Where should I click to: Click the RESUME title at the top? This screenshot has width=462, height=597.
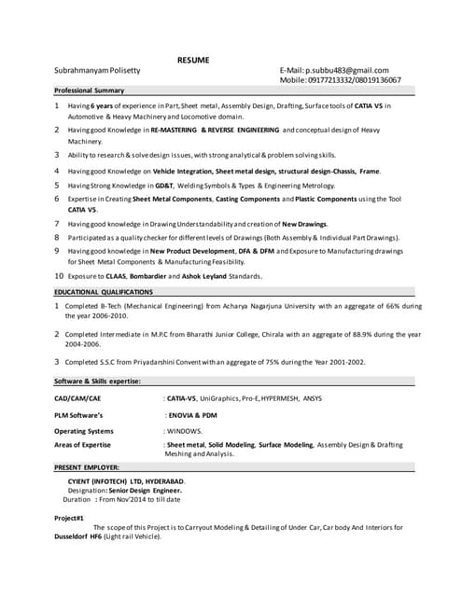click(x=193, y=61)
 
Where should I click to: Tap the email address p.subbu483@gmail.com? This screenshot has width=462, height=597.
click(x=346, y=71)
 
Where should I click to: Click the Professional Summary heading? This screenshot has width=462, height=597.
click(x=89, y=91)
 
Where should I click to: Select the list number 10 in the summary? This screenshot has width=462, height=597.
click(x=58, y=276)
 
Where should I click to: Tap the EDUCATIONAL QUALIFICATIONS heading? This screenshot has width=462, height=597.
click(x=103, y=292)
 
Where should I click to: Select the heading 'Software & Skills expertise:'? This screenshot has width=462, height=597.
click(x=97, y=382)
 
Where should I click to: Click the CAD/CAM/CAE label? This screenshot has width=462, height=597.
click(x=77, y=399)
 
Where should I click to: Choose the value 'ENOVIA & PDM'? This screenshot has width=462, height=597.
click(x=191, y=415)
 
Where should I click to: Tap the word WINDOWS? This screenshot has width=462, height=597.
click(x=183, y=431)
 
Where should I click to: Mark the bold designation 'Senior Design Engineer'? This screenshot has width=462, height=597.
click(x=145, y=490)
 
